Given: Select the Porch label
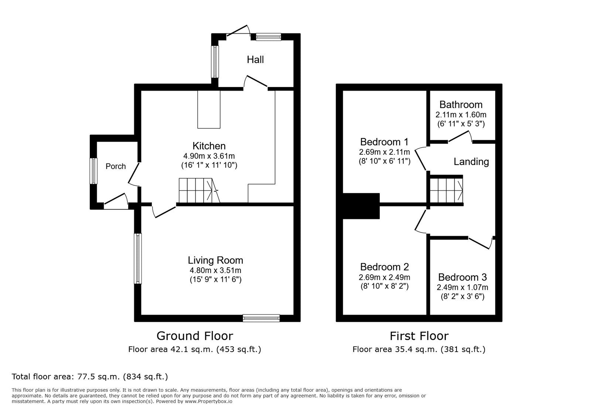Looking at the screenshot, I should pyautogui.click(x=116, y=166).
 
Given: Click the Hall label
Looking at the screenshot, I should pyautogui.click(x=255, y=60).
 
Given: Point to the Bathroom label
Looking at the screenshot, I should pyautogui.click(x=461, y=104).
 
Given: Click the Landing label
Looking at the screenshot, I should pyautogui.click(x=471, y=162).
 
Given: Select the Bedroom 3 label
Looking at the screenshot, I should pyautogui.click(x=462, y=277).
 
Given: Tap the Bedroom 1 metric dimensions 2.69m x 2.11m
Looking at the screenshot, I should pyautogui.click(x=384, y=152).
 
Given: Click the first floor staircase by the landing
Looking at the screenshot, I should pyautogui.click(x=446, y=190).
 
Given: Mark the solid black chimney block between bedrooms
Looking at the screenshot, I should pyautogui.click(x=361, y=206).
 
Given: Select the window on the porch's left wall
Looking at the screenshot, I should pyautogui.click(x=94, y=171).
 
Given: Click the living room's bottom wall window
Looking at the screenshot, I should pyautogui.click(x=261, y=318).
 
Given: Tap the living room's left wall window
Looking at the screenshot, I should pyautogui.click(x=137, y=258).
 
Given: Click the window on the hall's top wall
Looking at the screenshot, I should pyautogui.click(x=269, y=37).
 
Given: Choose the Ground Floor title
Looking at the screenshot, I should pyautogui.click(x=195, y=336).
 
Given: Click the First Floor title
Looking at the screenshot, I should pyautogui.click(x=419, y=336).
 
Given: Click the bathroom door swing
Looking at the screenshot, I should pyautogui.click(x=460, y=137).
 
